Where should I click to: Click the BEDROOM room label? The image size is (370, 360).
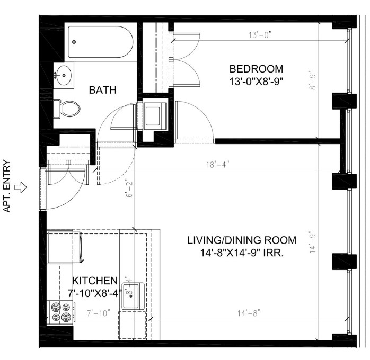click(256, 69)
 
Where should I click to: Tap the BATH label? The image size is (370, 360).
click(103, 90)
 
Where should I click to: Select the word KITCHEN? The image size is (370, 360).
click(95, 281)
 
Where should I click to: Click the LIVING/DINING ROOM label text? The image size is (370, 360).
click(242, 240)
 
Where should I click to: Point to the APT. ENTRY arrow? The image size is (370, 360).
click(21, 187)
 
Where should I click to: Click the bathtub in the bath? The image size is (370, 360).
click(101, 42)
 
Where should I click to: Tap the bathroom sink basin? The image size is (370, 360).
click(64, 75)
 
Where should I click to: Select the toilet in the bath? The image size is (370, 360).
click(67, 109)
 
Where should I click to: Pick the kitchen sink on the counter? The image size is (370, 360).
click(133, 296)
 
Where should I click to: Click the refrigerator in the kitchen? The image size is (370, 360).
click(65, 247)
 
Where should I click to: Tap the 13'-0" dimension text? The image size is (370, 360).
click(260, 35)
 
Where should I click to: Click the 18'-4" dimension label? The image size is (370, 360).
click(217, 165)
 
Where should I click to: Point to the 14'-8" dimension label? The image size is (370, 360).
click(249, 313)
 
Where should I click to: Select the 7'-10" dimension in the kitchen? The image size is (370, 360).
click(99, 313)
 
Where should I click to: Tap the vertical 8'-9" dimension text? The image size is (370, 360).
click(312, 80)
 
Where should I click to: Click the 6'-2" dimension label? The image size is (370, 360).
click(129, 189)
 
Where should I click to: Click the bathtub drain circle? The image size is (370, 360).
click(74, 42)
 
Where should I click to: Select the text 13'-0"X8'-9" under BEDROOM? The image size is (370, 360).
click(256, 82)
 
